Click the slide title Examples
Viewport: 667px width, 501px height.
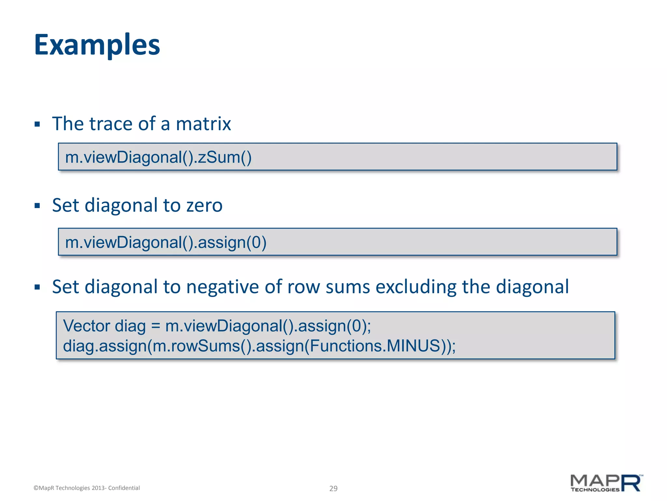(97, 45)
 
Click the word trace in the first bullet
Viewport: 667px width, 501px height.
(111, 124)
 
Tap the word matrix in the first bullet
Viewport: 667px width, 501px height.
(203, 124)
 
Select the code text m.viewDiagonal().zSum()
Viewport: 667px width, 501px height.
(158, 157)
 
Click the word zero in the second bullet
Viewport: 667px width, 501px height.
(204, 205)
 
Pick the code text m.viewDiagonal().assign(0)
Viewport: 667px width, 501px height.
(166, 242)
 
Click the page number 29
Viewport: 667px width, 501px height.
(333, 488)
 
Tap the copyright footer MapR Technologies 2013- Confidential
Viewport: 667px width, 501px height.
(87, 488)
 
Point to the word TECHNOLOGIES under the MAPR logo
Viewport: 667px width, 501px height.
(595, 490)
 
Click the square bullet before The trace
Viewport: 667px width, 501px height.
(37, 124)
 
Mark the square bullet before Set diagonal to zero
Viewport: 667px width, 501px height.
(37, 206)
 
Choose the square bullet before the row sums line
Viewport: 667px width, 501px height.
(37, 287)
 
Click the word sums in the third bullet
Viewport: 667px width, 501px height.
(348, 287)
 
